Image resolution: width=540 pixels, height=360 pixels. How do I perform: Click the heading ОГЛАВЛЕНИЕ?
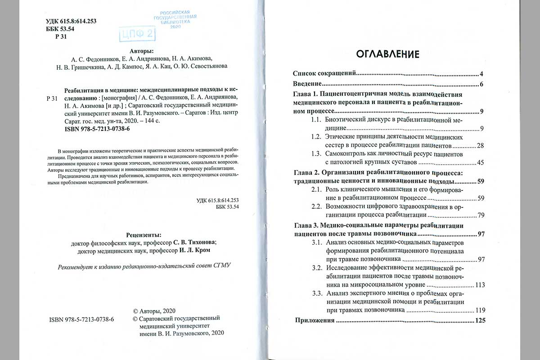tap(388, 54)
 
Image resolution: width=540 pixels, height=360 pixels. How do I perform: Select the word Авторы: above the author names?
tap(141, 51)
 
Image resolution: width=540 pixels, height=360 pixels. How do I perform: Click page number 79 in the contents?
tap(481, 215)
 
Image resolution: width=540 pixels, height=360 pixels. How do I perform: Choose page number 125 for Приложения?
tap(480, 321)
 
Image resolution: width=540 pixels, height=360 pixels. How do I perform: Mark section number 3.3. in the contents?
tap(317, 294)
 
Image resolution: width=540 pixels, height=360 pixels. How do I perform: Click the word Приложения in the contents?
tap(314, 321)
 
